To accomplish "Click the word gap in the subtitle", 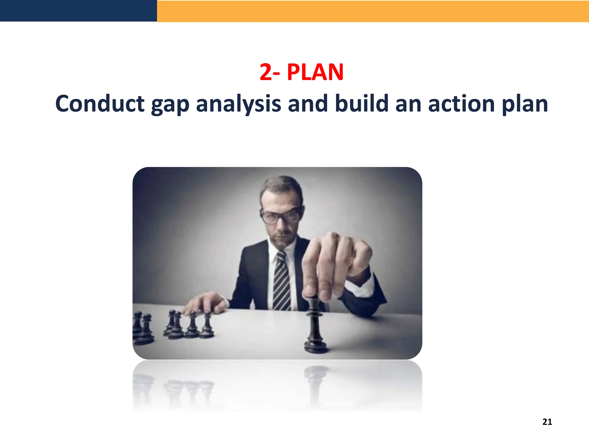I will [170, 104].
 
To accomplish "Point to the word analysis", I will [238, 104].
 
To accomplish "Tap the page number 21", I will [547, 422].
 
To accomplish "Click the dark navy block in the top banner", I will [78, 11].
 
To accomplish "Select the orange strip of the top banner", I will [373, 11].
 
